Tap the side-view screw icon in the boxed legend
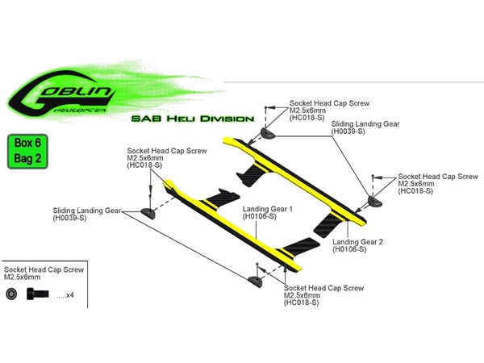pos(35,296)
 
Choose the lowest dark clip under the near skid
pos(256,280)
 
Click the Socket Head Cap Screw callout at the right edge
pos(428,184)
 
